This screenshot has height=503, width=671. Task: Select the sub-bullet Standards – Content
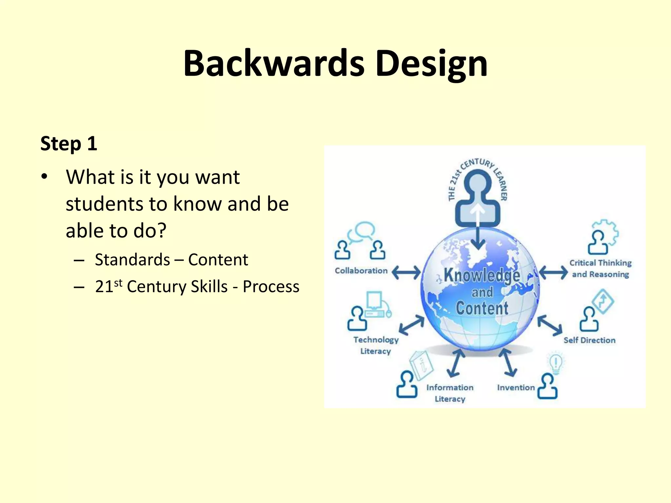[x=171, y=260]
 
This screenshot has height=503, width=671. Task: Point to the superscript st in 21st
[x=118, y=283]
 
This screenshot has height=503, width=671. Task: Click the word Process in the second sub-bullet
[x=271, y=287]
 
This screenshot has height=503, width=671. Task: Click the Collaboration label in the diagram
[x=361, y=271]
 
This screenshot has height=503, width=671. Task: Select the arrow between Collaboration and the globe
[x=406, y=272]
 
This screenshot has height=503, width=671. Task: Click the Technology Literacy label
[x=376, y=345]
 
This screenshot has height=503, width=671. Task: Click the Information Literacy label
[x=450, y=393]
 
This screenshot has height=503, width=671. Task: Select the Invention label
[x=516, y=388]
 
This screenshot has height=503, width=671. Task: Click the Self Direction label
[x=589, y=340]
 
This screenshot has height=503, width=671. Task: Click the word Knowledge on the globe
[x=482, y=275]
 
